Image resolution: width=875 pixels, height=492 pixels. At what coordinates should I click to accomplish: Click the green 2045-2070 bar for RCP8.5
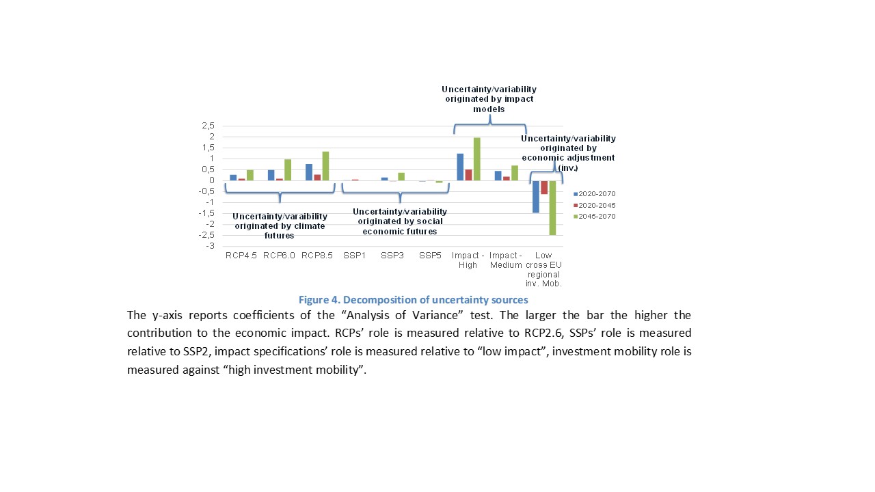click(x=325, y=166)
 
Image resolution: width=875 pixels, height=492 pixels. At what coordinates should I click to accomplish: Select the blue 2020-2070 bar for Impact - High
click(x=460, y=167)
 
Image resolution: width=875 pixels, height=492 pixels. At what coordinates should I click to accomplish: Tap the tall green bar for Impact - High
click(x=477, y=159)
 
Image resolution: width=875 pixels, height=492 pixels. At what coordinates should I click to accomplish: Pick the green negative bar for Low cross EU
click(x=552, y=208)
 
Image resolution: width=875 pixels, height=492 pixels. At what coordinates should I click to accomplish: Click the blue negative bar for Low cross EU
click(x=535, y=197)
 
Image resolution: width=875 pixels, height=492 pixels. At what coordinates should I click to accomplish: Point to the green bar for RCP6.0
click(x=288, y=169)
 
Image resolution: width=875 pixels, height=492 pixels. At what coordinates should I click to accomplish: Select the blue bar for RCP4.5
click(x=233, y=178)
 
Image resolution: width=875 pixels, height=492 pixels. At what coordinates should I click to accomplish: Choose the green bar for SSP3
click(x=401, y=176)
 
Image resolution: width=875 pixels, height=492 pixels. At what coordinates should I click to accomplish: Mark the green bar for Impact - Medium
click(x=515, y=173)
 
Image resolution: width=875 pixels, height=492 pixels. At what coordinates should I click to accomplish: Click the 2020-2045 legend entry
click(x=594, y=205)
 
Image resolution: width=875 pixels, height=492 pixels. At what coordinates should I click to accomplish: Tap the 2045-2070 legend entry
click(x=594, y=217)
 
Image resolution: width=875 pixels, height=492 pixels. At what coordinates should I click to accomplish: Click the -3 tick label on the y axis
click(x=210, y=246)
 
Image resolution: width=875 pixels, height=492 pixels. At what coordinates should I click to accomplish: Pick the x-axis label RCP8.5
click(x=317, y=256)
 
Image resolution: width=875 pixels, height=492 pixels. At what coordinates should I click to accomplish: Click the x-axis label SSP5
click(x=430, y=256)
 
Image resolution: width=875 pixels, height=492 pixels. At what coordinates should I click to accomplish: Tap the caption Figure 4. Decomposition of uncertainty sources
click(x=413, y=299)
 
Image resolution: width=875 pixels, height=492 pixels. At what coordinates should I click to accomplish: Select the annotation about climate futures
click(x=279, y=226)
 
